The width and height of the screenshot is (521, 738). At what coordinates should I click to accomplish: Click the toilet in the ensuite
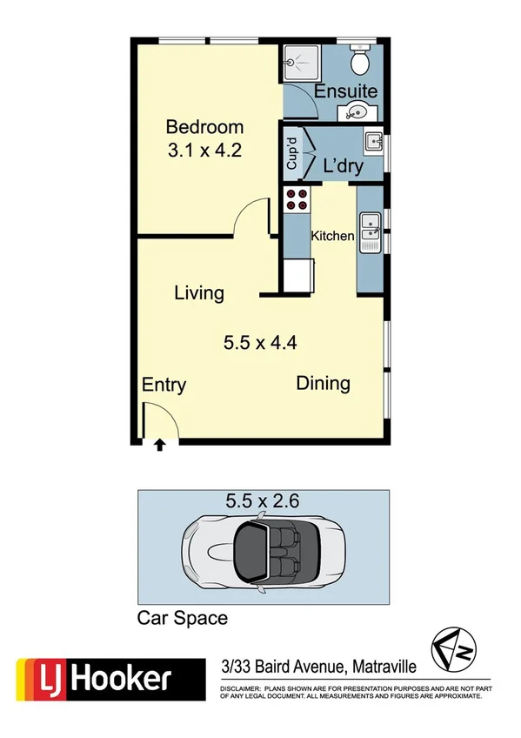[357, 62]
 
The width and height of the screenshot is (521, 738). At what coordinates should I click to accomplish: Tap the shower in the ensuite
[302, 63]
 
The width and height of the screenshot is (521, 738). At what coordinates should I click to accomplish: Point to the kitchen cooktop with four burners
[297, 199]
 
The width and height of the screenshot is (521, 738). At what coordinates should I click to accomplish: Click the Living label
[199, 292]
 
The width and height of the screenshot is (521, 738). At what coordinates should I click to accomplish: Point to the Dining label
[323, 383]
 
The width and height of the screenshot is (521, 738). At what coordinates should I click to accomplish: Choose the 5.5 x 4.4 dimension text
[261, 342]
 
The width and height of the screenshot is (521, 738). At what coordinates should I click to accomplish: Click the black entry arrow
[159, 446]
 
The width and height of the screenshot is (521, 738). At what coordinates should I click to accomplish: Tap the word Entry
[164, 386]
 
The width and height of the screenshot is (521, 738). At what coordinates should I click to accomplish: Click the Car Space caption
[183, 619]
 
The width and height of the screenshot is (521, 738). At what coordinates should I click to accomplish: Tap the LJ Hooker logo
[94, 677]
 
